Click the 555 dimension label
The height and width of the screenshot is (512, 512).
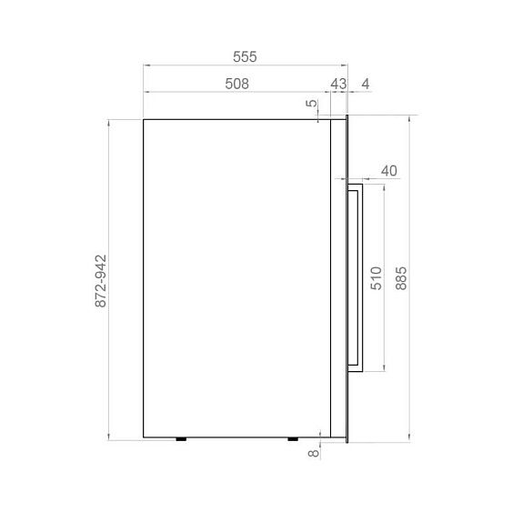[245, 56]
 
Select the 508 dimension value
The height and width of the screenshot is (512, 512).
[236, 84]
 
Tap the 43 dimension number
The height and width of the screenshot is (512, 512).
[338, 84]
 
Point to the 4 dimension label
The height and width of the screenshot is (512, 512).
[366, 84]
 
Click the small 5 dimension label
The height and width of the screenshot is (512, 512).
[312, 103]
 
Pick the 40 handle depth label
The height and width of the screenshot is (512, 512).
[389, 171]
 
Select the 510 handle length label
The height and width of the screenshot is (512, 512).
[376, 278]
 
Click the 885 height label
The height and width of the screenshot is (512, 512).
[401, 278]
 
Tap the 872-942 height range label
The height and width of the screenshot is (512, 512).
[101, 281]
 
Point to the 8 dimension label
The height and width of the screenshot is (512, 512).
[314, 453]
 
